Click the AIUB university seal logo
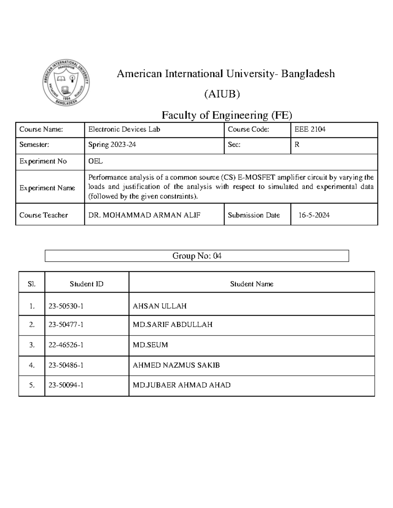click(66, 83)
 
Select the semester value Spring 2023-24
click(112, 145)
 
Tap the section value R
click(297, 145)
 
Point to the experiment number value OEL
click(95, 161)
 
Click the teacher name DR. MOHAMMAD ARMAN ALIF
click(144, 215)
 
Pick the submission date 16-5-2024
click(314, 215)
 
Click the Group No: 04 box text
click(197, 256)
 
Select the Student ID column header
click(86, 284)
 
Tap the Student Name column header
click(252, 284)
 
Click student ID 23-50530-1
click(66, 306)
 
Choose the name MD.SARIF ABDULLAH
click(172, 324)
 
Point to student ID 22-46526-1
click(66, 345)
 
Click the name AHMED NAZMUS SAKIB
click(176, 365)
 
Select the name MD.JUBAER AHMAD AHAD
click(181, 385)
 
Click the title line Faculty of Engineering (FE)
click(227, 115)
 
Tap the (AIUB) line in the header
click(222, 94)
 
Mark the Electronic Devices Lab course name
click(124, 130)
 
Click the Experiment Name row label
click(47, 188)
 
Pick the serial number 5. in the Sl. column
click(32, 385)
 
